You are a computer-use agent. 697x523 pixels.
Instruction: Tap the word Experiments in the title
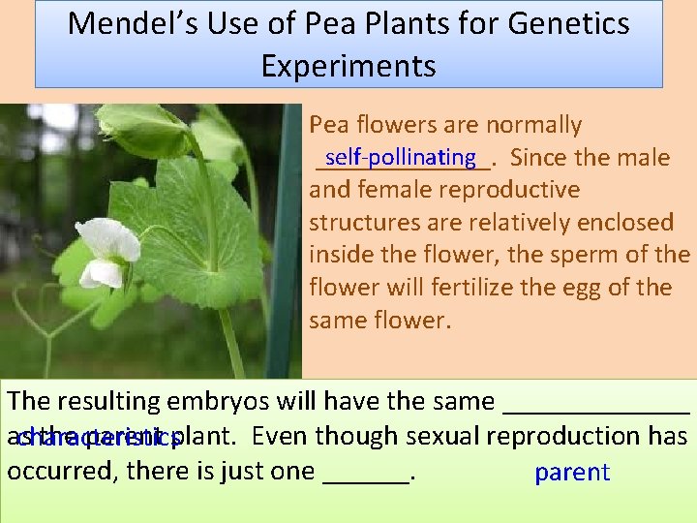click(x=348, y=66)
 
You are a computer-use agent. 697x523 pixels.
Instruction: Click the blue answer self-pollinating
click(x=401, y=157)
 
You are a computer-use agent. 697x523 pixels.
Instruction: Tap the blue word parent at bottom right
click(x=572, y=473)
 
